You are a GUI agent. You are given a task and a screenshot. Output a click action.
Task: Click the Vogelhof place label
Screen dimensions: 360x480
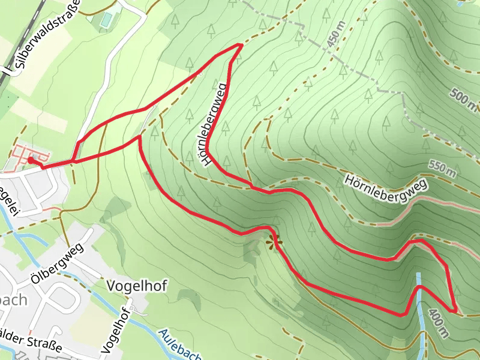(136, 286)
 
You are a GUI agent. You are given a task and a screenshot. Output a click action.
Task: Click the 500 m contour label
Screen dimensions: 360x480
(463, 99)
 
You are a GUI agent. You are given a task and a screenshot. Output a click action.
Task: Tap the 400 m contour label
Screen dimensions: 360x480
(438, 324)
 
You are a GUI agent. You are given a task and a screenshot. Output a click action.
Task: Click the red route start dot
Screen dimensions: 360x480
(31, 160)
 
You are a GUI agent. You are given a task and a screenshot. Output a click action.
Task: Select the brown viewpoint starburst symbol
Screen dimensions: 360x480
(274, 242)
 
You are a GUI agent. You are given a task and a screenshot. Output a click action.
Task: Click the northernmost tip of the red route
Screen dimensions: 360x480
(240, 45)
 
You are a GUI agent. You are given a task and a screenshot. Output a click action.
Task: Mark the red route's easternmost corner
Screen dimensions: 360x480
(457, 312)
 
